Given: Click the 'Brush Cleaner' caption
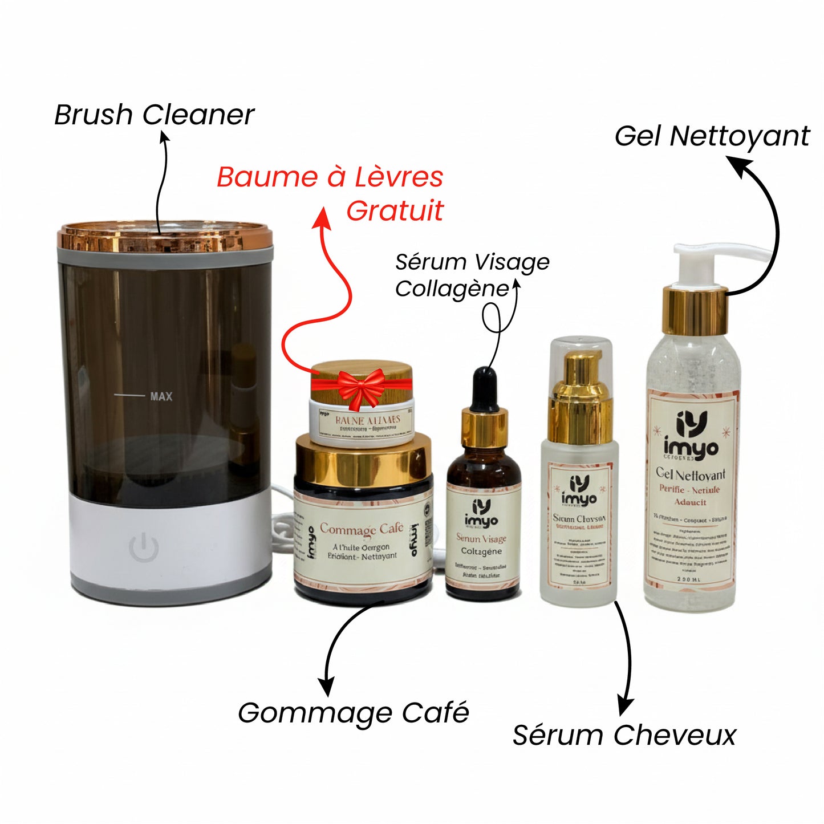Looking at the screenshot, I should click(x=154, y=115).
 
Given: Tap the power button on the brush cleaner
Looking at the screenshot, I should click(x=143, y=547).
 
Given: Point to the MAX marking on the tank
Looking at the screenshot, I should click(x=161, y=396).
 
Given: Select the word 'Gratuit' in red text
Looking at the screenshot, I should click(x=395, y=211).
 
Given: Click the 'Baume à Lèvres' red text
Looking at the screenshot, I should click(x=330, y=177).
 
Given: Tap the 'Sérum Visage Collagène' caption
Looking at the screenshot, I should click(x=472, y=275).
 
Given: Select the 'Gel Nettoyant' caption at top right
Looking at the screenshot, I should click(x=712, y=136).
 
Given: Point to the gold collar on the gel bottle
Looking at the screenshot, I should click(x=695, y=311).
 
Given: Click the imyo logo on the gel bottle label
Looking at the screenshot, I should click(x=691, y=437).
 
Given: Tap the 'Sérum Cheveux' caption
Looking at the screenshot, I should click(x=624, y=735).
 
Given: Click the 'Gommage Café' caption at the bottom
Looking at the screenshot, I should click(x=354, y=713).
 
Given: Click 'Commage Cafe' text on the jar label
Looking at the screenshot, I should click(x=361, y=529).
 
